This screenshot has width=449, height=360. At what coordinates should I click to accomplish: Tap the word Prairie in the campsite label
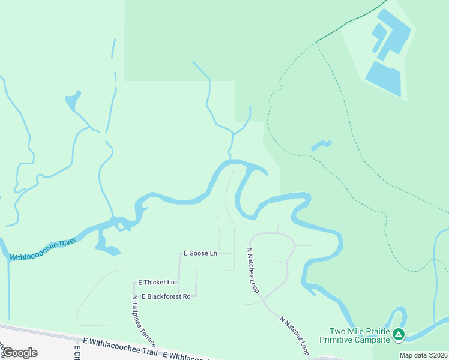[x=375, y=331]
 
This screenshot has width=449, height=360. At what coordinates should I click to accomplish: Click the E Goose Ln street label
[x=200, y=253]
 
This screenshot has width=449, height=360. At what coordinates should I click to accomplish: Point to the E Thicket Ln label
[x=156, y=282]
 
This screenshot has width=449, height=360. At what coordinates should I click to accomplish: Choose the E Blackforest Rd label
[x=166, y=296]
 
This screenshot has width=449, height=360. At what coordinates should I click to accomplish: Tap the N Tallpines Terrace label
[x=143, y=320]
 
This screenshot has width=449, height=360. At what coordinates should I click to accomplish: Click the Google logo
[x=19, y=353]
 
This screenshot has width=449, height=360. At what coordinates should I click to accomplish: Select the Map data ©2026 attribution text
[x=423, y=355]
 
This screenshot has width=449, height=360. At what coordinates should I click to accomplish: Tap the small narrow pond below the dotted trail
[x=321, y=145]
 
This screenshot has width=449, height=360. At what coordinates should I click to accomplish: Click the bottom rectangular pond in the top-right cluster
[x=382, y=79]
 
